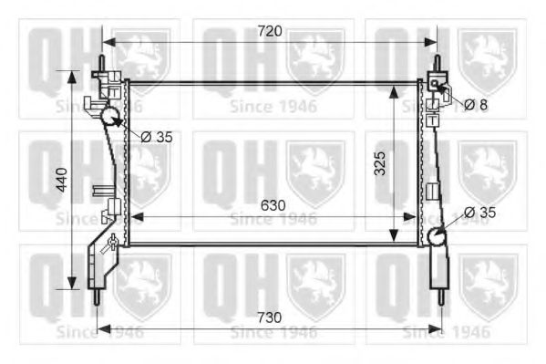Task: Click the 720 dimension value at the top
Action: point(269,31)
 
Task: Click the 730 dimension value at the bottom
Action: point(269,317)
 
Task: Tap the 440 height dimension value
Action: point(59,179)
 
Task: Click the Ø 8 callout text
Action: point(476,105)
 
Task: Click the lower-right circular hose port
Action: point(437,235)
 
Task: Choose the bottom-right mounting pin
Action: point(440,296)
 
